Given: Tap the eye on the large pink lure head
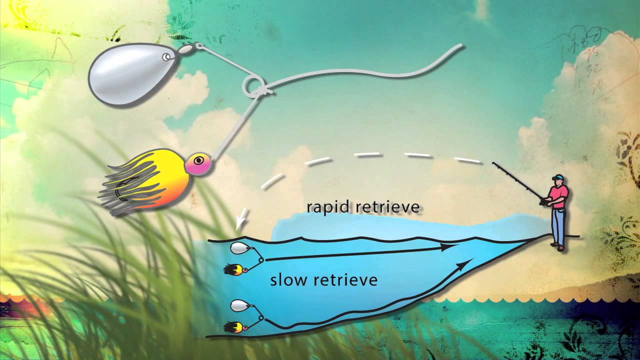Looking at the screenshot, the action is (199, 160).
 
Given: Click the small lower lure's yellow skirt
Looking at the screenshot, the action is (233, 327).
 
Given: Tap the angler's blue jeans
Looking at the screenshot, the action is (557, 225).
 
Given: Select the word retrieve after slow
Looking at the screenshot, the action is (345, 280).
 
